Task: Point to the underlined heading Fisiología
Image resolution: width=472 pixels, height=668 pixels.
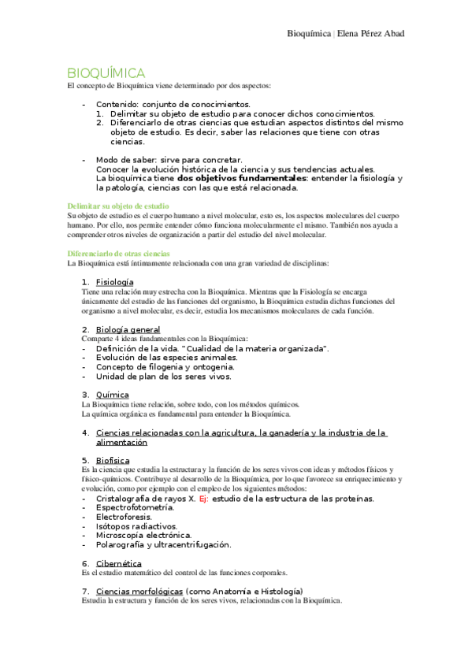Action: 114,282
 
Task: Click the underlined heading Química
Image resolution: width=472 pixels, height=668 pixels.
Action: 112,395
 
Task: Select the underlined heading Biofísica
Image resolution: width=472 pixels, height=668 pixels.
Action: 113,460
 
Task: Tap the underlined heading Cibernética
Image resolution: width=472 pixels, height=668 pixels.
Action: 118,563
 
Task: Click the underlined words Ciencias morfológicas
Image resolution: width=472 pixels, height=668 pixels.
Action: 139,591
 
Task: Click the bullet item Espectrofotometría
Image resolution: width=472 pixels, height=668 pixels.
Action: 135,507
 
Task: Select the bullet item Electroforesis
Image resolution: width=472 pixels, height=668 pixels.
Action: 124,517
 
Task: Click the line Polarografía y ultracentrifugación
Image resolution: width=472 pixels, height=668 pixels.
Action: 163,544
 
